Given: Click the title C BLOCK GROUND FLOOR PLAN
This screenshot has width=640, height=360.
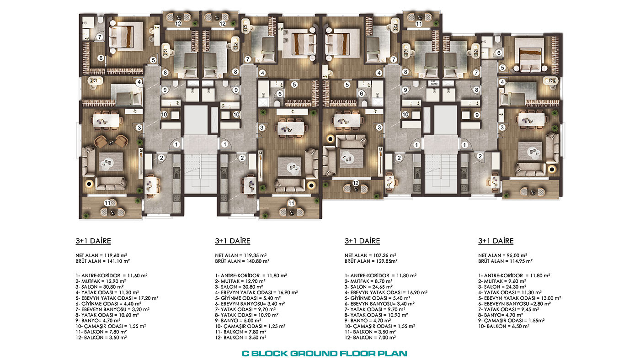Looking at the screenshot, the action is pos(324,354).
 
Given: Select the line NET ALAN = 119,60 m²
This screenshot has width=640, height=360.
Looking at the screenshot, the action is pos(101,255).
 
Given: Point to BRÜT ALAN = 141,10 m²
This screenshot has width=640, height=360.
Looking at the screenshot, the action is pos(102,261).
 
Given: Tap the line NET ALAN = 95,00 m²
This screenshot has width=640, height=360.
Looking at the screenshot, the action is pos(502,255).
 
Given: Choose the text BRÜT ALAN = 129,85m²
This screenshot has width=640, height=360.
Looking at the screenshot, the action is pos(371,261).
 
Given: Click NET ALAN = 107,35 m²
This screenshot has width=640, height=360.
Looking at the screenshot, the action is pos(370,255).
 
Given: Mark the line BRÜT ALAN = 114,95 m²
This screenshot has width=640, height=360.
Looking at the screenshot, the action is pos(506,261).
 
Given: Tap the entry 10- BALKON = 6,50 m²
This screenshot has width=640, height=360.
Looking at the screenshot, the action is pos(504,326).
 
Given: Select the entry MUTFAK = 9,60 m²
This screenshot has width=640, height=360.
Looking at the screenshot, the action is pos(502,281).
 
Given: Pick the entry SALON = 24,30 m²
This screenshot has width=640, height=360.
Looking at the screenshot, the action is pos(502,287).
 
